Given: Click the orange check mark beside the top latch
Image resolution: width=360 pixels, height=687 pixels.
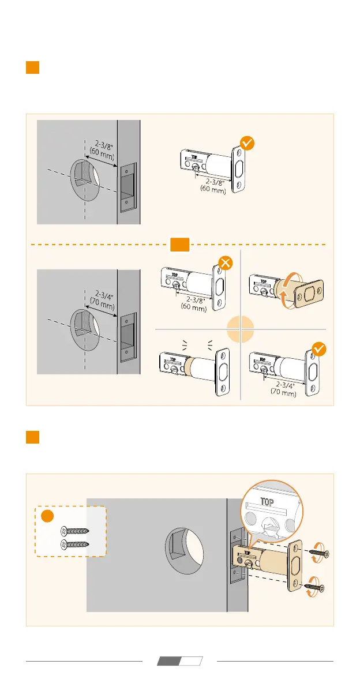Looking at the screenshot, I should click(247, 143).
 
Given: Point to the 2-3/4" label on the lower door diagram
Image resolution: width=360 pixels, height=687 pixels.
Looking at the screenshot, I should click(100, 292).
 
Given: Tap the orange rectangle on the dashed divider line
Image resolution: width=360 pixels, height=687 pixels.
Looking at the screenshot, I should click(180, 245).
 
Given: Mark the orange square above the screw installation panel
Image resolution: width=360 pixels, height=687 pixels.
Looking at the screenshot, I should click(32, 437).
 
